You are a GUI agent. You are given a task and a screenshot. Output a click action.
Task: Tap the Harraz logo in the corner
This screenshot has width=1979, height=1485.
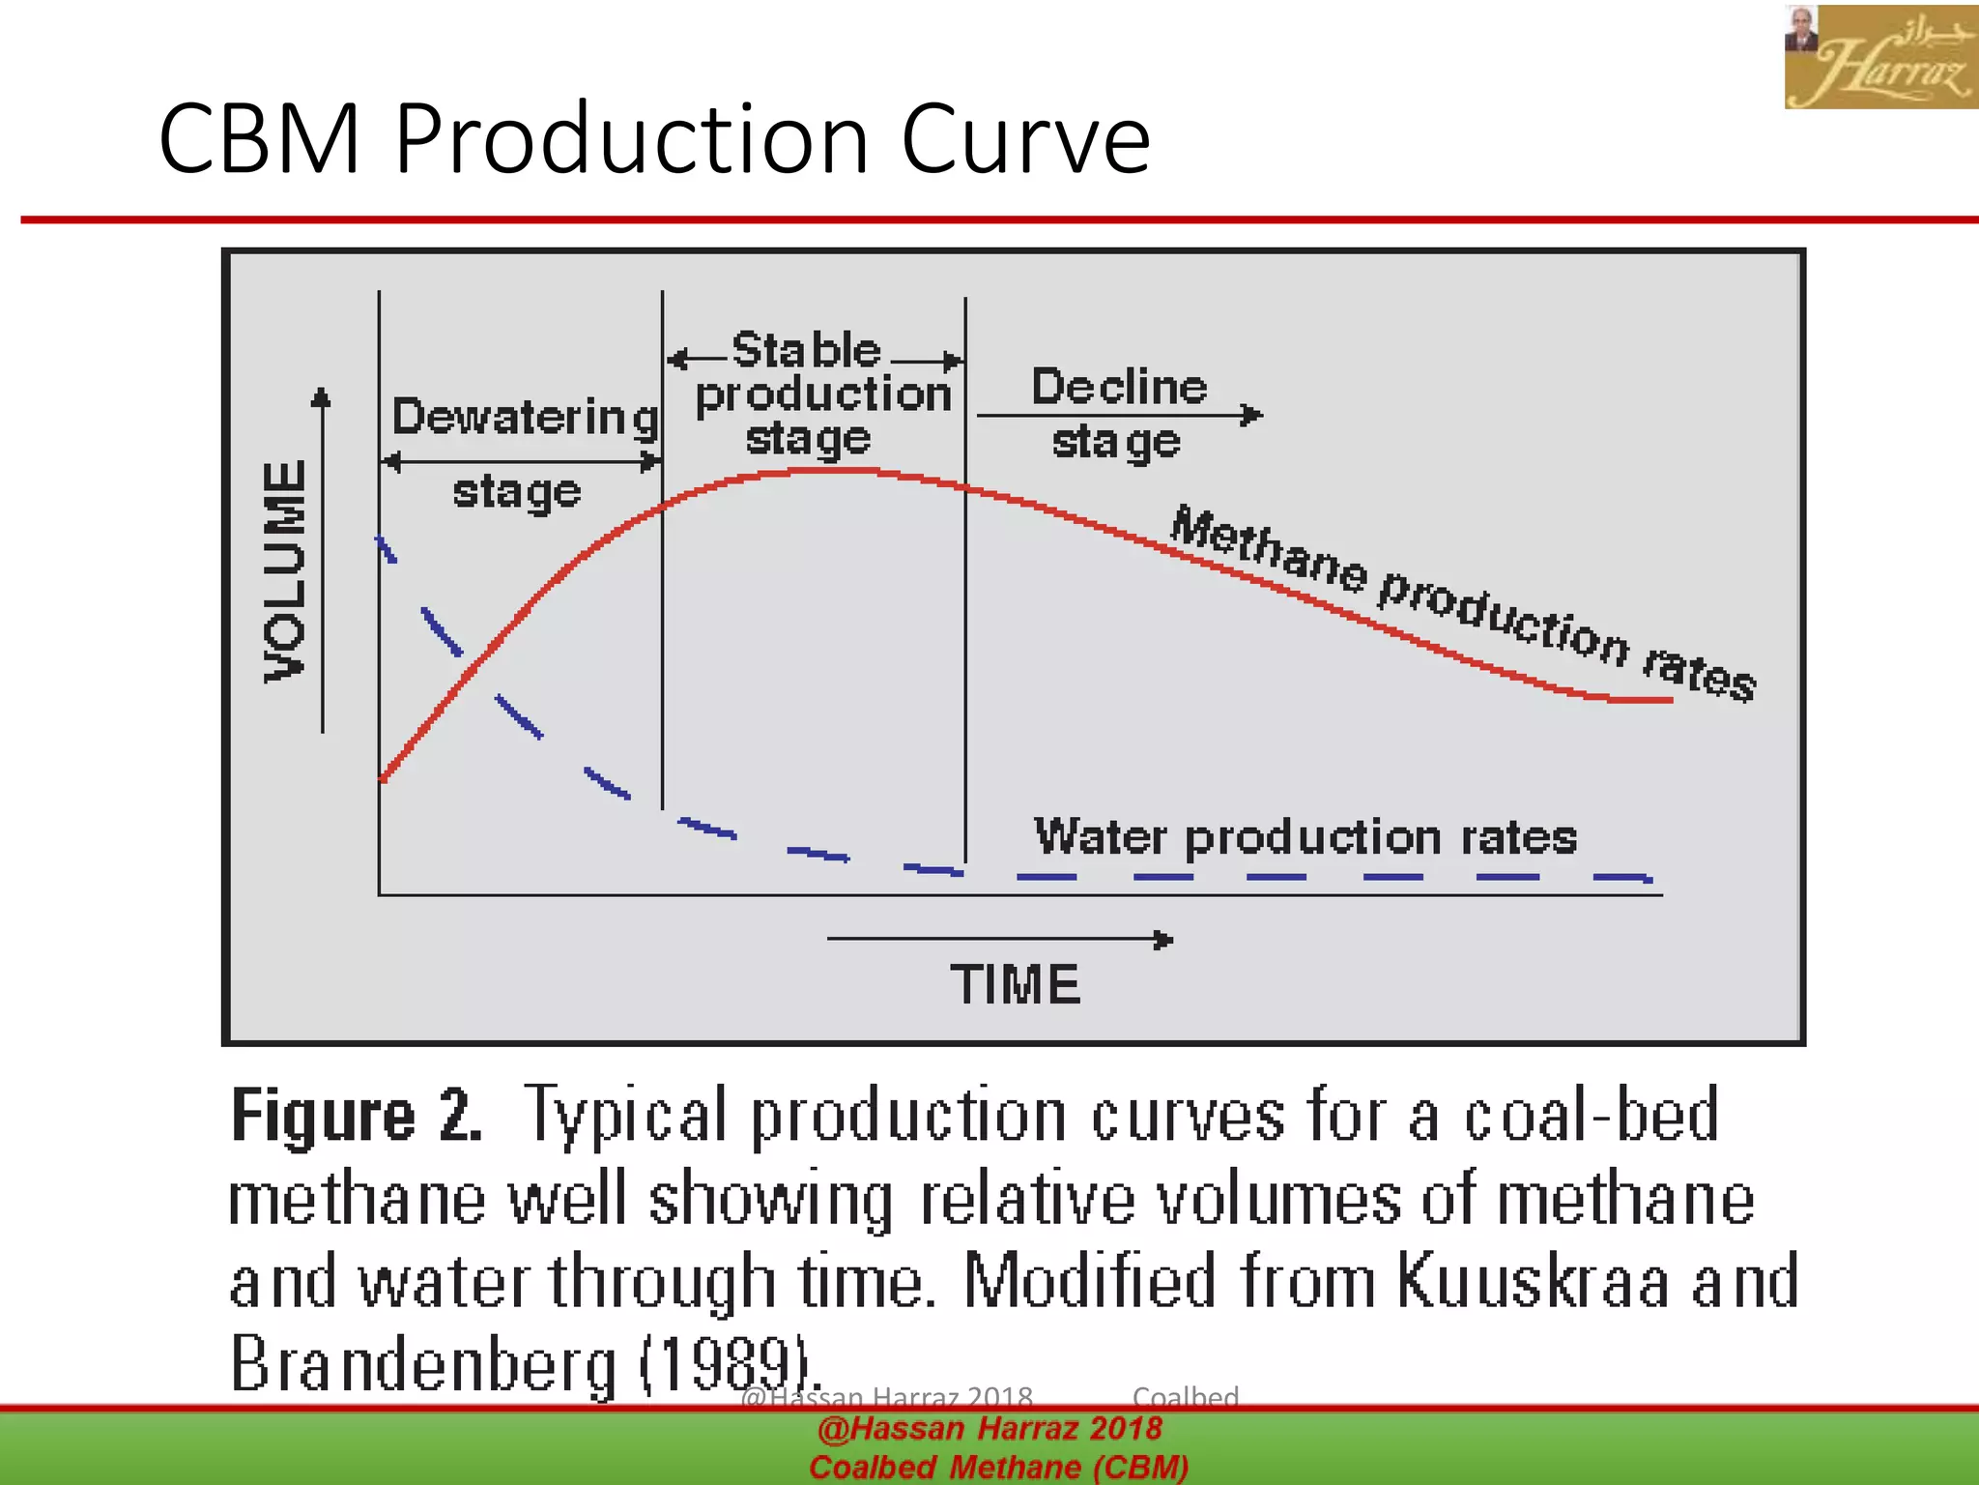pos(1879,57)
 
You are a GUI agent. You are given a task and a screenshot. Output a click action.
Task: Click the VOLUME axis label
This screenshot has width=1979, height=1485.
pos(285,571)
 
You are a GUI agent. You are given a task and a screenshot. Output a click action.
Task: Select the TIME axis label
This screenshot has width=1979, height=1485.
pos(1015,984)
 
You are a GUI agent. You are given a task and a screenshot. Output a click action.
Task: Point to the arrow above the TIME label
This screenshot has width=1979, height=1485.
pos(1000,939)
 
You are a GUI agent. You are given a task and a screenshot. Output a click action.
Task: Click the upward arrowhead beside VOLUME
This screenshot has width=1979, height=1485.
pos(322,396)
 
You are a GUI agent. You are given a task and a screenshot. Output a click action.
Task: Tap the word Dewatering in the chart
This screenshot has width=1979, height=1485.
pos(525,418)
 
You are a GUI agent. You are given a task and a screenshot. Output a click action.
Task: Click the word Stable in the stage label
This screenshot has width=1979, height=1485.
pos(806,350)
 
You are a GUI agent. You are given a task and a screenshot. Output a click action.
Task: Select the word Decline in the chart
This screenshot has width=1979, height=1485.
pos(1119,387)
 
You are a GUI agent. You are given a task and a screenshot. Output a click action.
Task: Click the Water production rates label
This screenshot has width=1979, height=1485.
pos(1305,836)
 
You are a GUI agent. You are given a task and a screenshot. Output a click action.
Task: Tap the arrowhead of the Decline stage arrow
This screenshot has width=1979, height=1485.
pos(1253,415)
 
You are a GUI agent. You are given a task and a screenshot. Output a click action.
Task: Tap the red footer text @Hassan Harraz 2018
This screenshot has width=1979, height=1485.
pos(989,1428)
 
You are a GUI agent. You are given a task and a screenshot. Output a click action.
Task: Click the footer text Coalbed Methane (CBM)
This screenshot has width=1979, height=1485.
pos(998,1467)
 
